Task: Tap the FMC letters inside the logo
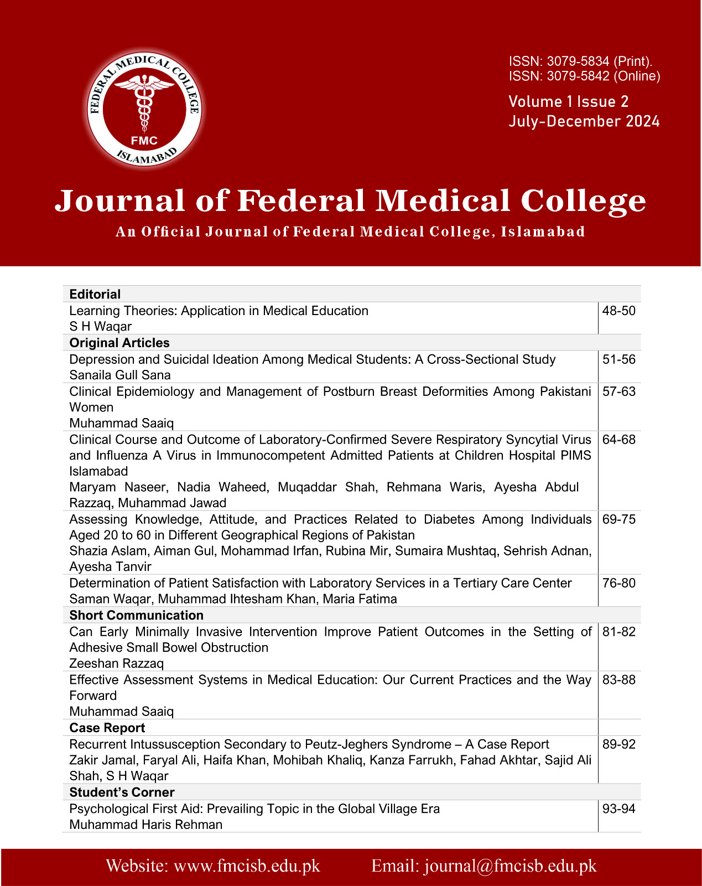click(144, 141)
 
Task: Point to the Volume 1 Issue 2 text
click(568, 102)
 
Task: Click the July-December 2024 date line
click(584, 121)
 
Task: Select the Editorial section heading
click(95, 294)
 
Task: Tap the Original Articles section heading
click(119, 343)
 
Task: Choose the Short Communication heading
click(136, 615)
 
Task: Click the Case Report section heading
click(107, 728)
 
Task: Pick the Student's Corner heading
click(122, 792)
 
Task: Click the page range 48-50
click(619, 311)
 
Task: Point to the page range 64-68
click(619, 440)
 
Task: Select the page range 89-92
click(619, 744)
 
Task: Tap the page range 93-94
click(619, 809)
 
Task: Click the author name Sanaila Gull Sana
click(120, 375)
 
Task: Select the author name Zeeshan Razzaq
click(116, 663)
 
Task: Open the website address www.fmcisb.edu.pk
click(247, 866)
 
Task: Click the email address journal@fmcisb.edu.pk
click(510, 866)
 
